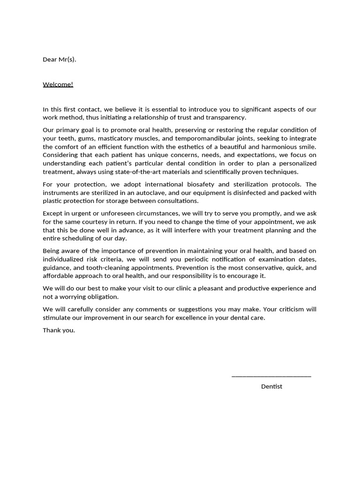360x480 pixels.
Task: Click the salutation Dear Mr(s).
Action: pyautogui.click(x=59, y=60)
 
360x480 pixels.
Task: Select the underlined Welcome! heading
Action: pyautogui.click(x=58, y=84)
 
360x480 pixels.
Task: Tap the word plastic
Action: pyautogui.click(x=52, y=201)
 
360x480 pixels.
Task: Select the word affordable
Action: pyautogui.click(x=58, y=276)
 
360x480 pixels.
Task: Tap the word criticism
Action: pyautogui.click(x=287, y=309)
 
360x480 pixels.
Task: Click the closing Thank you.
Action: pyautogui.click(x=59, y=330)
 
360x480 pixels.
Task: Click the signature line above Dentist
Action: pyautogui.click(x=271, y=375)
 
